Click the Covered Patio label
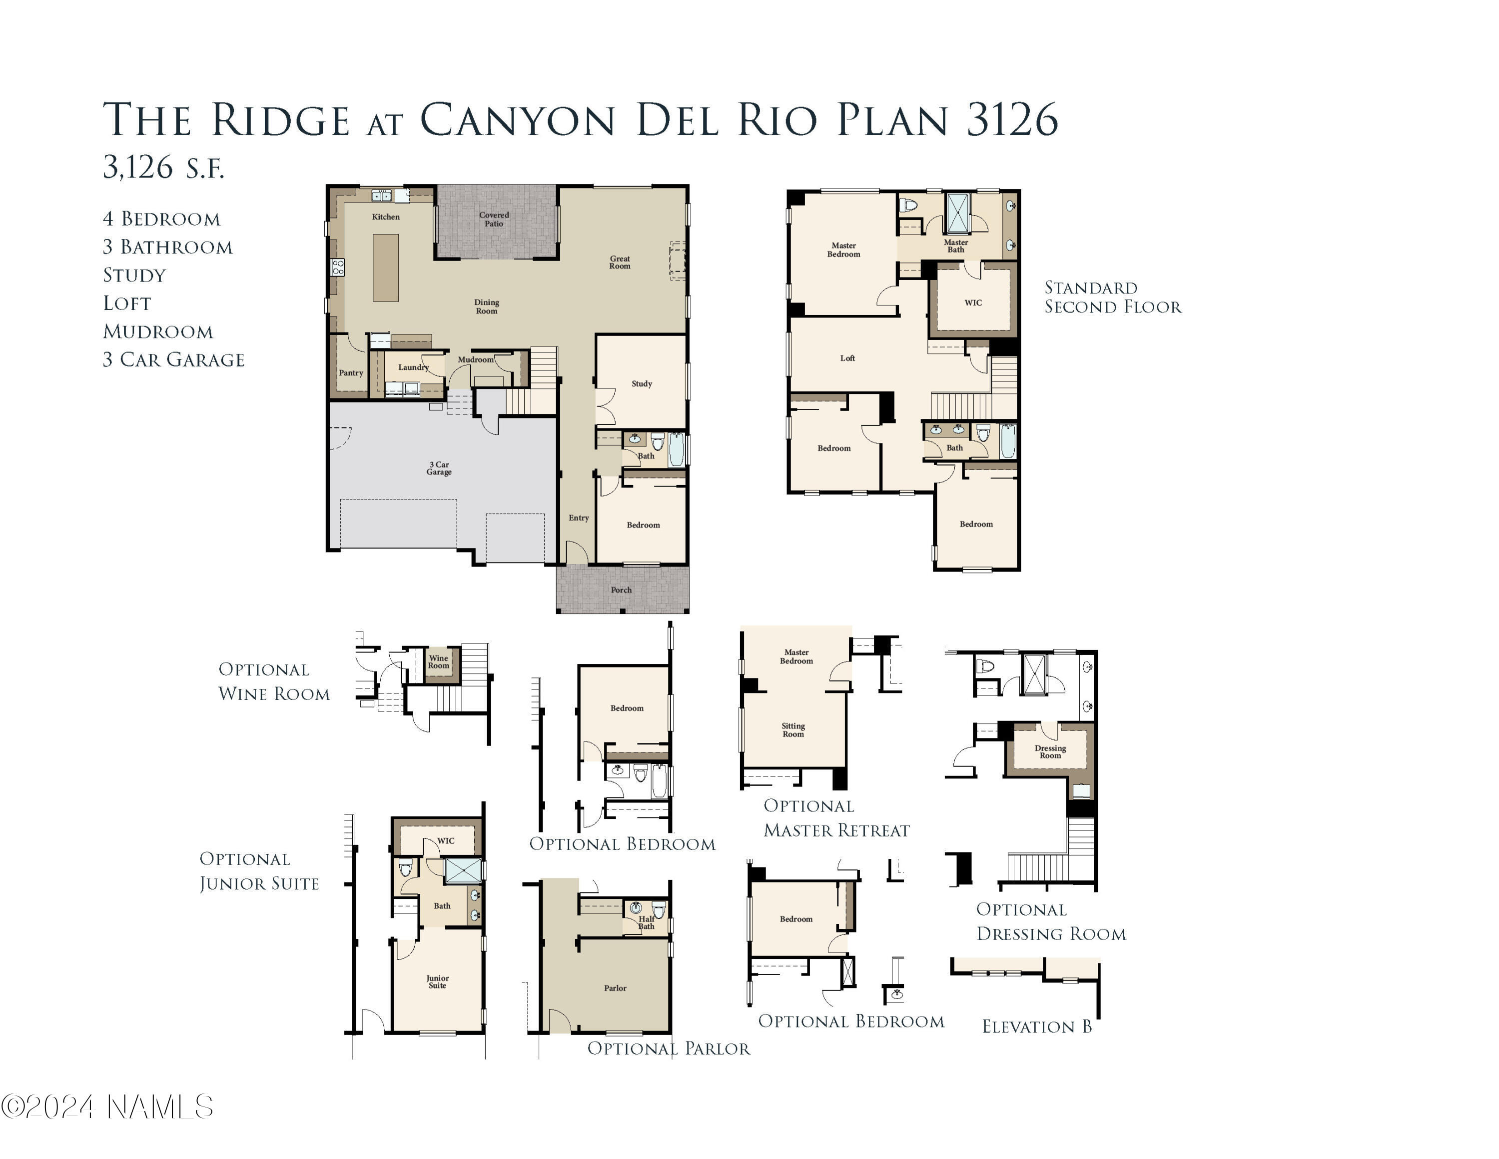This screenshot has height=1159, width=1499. tap(494, 219)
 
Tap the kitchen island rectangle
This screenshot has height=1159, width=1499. tap(385, 268)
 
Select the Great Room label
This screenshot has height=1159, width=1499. tap(619, 262)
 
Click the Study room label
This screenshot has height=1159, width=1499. tap(642, 384)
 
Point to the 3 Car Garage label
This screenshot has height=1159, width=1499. tap(439, 468)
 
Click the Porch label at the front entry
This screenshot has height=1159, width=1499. tap(621, 590)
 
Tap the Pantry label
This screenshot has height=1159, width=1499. tap(351, 373)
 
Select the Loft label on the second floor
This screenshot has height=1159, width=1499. tap(847, 358)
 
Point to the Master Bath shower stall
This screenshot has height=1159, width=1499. tap(958, 213)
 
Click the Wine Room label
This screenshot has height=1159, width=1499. tap(439, 662)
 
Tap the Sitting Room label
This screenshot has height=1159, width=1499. tap(793, 730)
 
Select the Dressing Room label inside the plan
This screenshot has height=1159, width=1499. tap(1050, 752)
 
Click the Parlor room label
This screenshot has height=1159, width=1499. tap(615, 988)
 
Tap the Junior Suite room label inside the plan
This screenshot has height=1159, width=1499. tap(437, 982)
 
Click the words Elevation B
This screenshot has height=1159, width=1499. tap(1036, 1026)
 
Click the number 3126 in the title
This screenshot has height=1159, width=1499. tap(1012, 120)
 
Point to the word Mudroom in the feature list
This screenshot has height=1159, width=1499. tap(158, 331)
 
